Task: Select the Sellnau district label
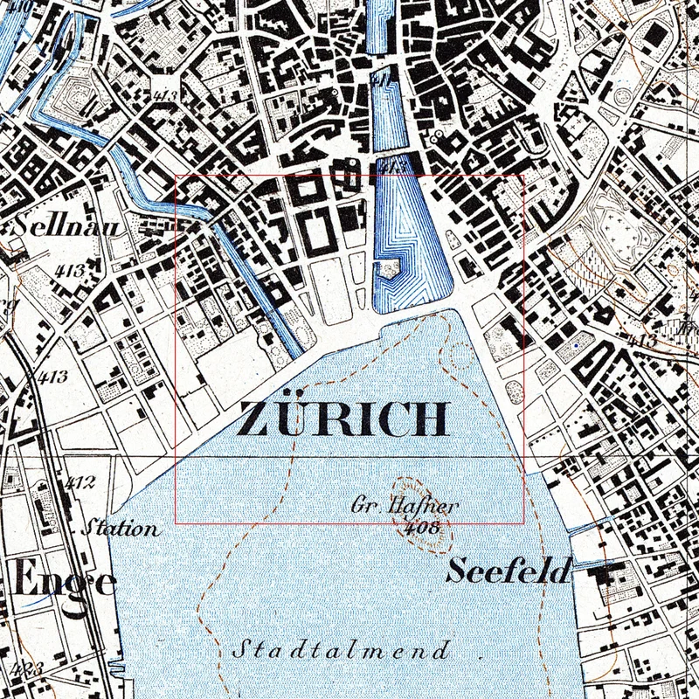click(52, 226)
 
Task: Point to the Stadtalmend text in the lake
click(342, 651)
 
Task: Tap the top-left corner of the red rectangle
click(176, 176)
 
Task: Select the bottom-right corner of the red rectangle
click(524, 523)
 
